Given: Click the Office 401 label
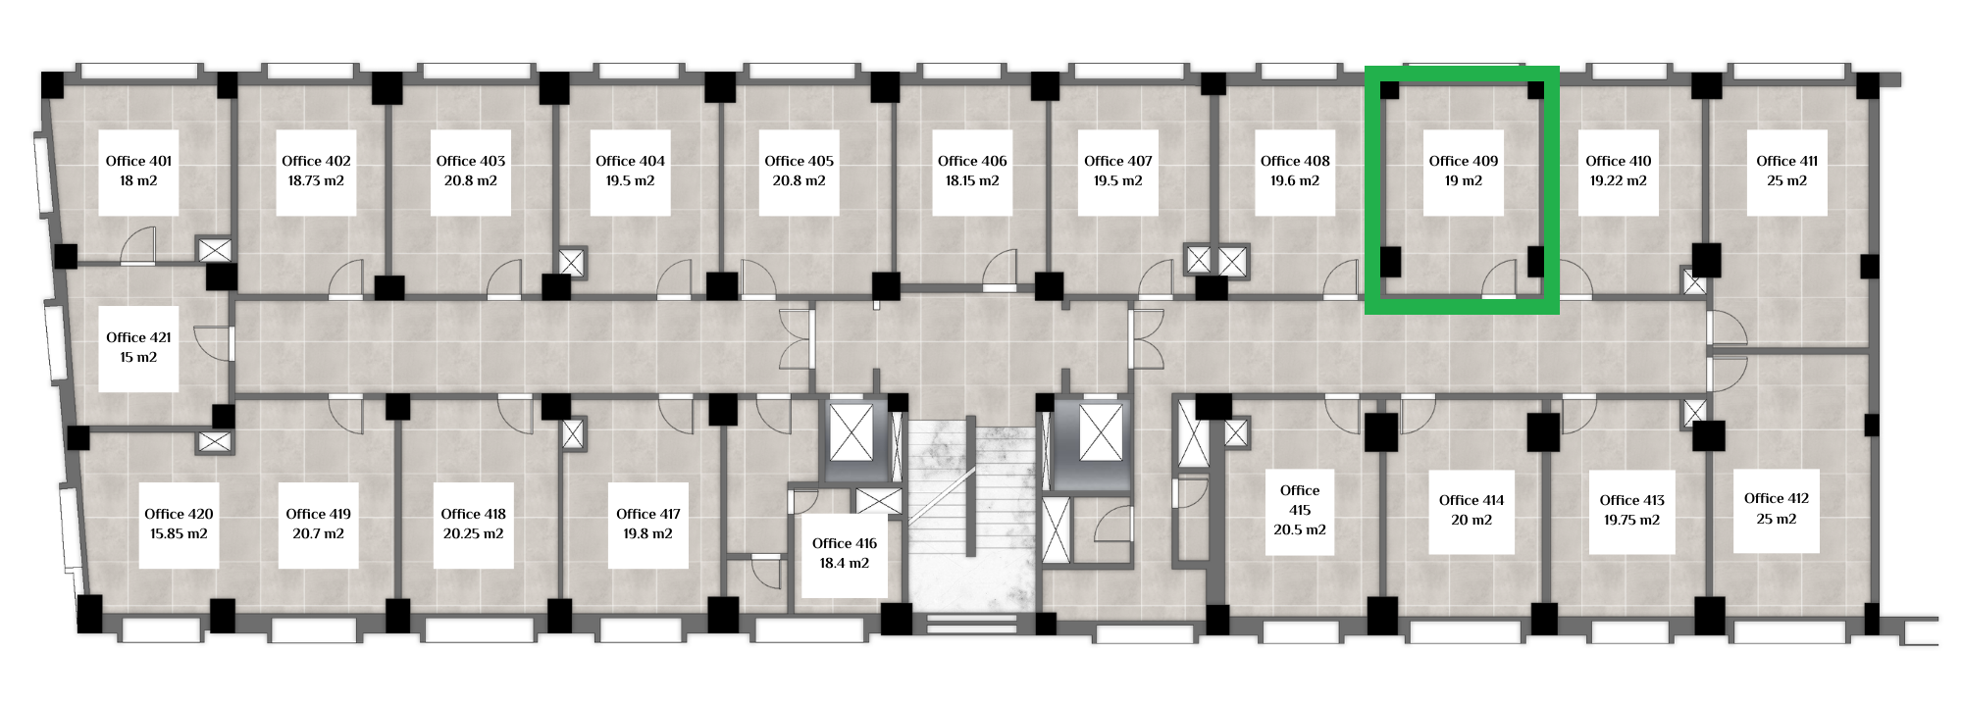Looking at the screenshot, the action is coord(138,161).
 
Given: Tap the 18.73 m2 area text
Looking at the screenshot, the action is coord(316,180).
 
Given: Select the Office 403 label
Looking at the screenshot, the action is coord(471,161).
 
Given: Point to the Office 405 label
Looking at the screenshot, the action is coord(800,161).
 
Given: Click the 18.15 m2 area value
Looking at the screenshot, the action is coord(972,180).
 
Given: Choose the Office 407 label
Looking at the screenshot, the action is coord(1118,161).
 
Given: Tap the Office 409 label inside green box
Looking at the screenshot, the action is coord(1464,161).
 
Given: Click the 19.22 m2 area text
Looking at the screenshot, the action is coord(1619,180).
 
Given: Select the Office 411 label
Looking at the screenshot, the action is coord(1787,161).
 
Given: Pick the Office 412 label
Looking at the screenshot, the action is coord(1777,498).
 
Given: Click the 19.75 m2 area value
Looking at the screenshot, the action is coord(1632,520).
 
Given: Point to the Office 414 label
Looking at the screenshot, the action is coord(1471,500).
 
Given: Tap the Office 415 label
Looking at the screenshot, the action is coord(1300,500).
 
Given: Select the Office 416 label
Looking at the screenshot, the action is coord(845,543).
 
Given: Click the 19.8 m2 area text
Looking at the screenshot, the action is coord(648,533).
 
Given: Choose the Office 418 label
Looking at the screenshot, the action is coord(474,514).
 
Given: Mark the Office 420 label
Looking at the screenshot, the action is coord(179,514).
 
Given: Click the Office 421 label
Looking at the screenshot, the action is coord(138,337).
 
